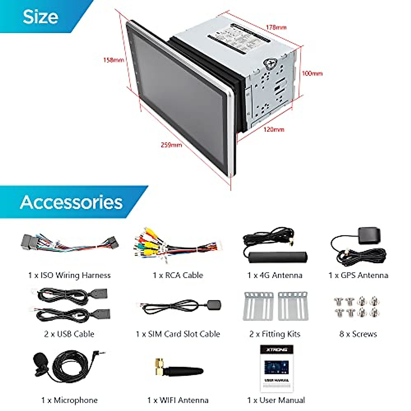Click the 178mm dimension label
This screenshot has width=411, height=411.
276,27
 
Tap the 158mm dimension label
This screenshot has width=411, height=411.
113,60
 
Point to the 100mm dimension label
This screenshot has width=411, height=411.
312,73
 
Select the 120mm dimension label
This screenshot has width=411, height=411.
274,129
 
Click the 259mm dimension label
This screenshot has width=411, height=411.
171,145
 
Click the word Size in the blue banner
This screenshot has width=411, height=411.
40,16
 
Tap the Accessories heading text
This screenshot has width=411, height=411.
71,202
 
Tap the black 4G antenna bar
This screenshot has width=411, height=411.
278,257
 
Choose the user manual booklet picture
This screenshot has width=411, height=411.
276,368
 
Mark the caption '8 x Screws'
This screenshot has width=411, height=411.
358,334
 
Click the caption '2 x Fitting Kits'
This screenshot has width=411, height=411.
275,334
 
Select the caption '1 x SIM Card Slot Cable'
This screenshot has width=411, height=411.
178,334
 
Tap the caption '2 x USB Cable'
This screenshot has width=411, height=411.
69,334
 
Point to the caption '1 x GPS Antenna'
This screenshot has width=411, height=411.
358,275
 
